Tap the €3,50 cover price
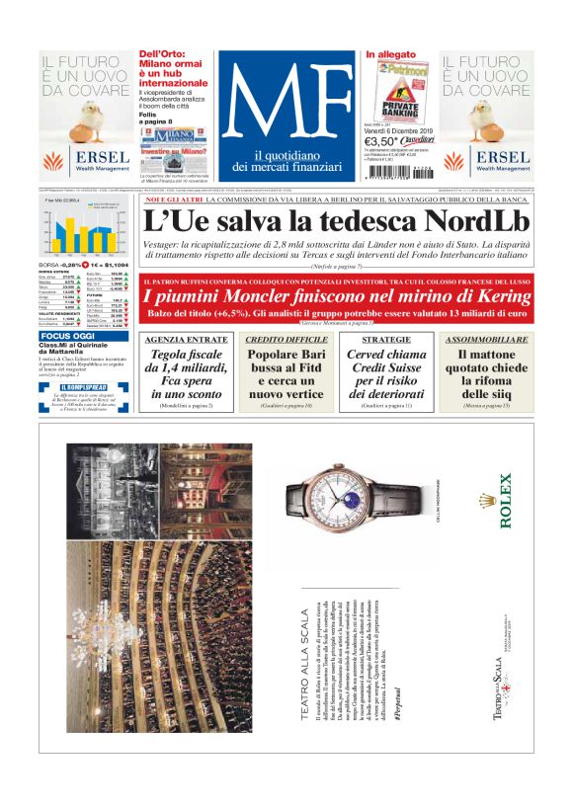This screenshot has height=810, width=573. pyautogui.click(x=383, y=142)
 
